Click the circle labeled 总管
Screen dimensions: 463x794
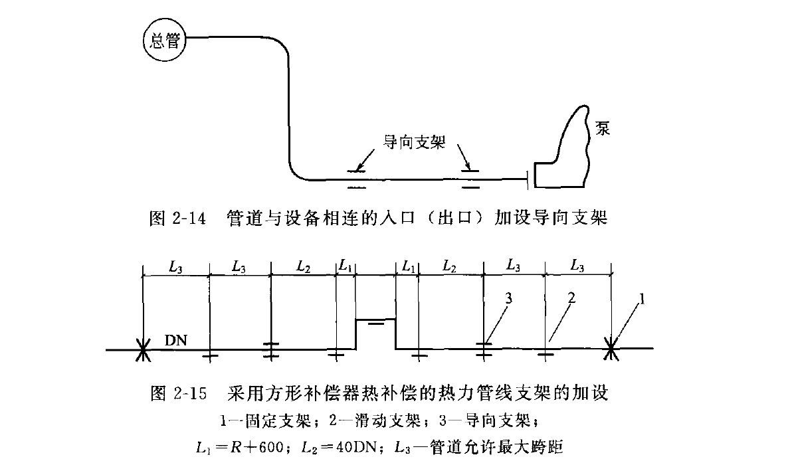(x=165, y=41)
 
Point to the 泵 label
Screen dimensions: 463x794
(x=603, y=128)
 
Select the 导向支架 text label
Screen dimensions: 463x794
(x=414, y=141)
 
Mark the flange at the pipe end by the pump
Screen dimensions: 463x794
(x=528, y=178)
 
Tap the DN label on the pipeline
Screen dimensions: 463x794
(x=175, y=341)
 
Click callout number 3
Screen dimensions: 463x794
(x=508, y=298)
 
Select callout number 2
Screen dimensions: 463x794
(x=570, y=298)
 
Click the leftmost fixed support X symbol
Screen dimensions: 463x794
(x=143, y=349)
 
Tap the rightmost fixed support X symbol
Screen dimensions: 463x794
(x=611, y=349)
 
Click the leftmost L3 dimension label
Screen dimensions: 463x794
(x=175, y=266)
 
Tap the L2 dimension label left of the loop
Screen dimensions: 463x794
(x=303, y=266)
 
